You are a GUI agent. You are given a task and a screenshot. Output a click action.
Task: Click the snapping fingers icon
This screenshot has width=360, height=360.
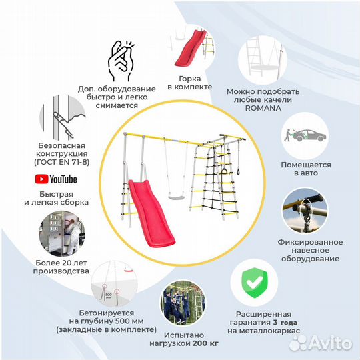click(121, 61)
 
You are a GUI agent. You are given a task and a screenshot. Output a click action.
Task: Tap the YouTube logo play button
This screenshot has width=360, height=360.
click(41, 179)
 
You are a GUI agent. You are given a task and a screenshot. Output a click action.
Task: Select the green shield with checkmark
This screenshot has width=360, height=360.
click(255, 283)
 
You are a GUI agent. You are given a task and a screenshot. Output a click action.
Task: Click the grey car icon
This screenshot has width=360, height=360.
click(308, 135)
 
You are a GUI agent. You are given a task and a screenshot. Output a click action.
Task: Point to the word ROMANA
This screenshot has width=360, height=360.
click(263, 108)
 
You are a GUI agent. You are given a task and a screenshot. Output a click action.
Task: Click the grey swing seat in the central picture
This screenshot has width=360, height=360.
click(176, 197)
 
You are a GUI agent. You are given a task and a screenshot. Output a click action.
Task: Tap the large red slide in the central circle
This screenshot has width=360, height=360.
click(151, 213)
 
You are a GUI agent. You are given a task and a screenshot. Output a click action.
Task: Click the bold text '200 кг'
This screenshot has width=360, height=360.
click(205, 343)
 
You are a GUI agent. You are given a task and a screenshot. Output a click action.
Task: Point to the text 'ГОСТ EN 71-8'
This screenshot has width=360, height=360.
click(62, 162)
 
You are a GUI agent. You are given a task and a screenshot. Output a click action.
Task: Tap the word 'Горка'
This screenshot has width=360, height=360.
click(190, 79)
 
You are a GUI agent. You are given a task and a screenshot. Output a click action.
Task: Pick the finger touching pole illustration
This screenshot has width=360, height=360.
click(63, 118)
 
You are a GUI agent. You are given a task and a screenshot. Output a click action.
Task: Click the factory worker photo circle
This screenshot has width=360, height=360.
click(62, 233)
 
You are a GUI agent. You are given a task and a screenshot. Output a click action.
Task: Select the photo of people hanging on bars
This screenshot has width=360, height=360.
click(183, 303)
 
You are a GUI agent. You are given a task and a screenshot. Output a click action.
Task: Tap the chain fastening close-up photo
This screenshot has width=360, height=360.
click(305, 211)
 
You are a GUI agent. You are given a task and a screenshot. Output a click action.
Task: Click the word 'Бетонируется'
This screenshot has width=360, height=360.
click(107, 313)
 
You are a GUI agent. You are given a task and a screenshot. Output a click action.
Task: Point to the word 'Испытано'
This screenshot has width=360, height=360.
click(184, 335)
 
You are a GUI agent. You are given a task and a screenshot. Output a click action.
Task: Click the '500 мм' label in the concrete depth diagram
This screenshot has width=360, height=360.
click(109, 296)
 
